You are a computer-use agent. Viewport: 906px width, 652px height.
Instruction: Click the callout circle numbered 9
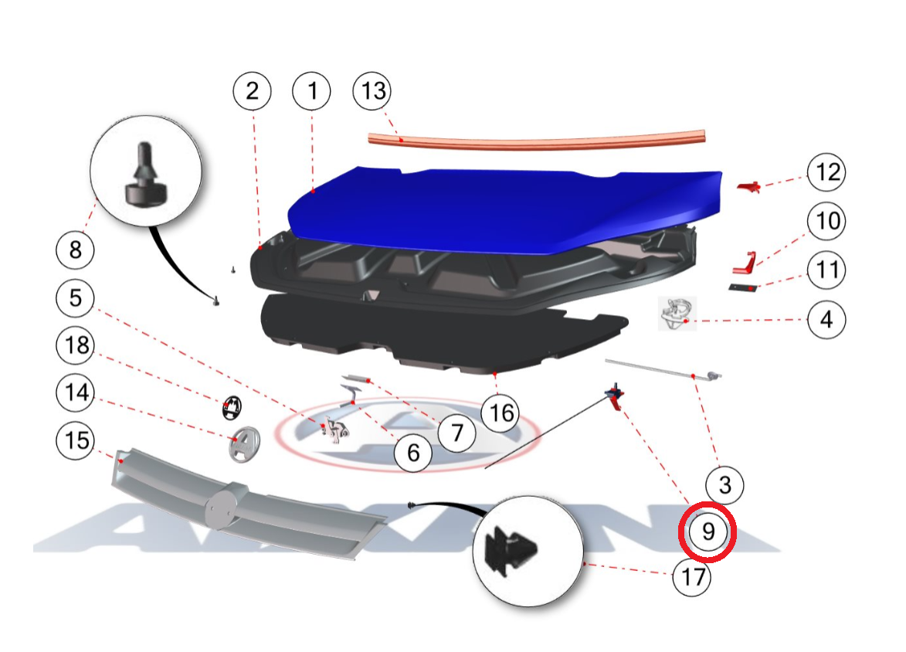[x=707, y=531]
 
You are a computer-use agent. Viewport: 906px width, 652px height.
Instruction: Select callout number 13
[x=373, y=90]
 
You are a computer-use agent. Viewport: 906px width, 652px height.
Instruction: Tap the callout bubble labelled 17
[x=692, y=576]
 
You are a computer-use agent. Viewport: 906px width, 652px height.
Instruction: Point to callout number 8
[x=75, y=250]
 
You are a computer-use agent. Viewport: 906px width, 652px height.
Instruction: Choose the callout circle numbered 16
[x=501, y=413]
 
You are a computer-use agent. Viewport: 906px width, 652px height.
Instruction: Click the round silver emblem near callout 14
[x=244, y=444]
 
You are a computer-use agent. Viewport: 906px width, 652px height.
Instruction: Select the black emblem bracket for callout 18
[x=231, y=408]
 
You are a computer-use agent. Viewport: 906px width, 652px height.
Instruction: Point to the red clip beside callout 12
[x=749, y=187]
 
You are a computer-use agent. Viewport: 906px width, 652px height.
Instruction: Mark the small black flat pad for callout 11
[x=742, y=287]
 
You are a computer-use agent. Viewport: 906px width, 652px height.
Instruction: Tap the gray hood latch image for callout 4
[x=677, y=314]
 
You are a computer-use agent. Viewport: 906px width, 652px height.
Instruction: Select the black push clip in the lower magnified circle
[x=511, y=550]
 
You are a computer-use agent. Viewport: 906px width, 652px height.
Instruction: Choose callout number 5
[x=75, y=297]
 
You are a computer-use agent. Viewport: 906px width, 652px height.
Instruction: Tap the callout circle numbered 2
[x=252, y=90]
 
